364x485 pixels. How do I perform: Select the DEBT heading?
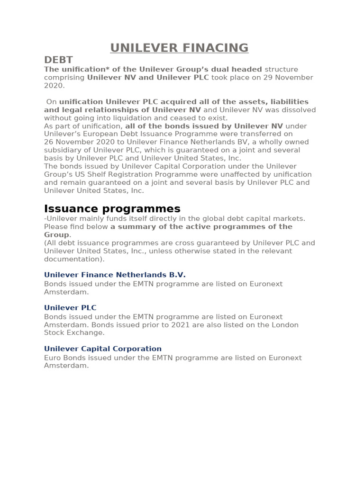58,60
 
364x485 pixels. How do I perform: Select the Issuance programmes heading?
112,209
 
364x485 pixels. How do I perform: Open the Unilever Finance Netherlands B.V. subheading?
115,275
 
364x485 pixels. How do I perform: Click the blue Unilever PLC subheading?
70,307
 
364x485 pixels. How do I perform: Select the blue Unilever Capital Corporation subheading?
103,349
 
